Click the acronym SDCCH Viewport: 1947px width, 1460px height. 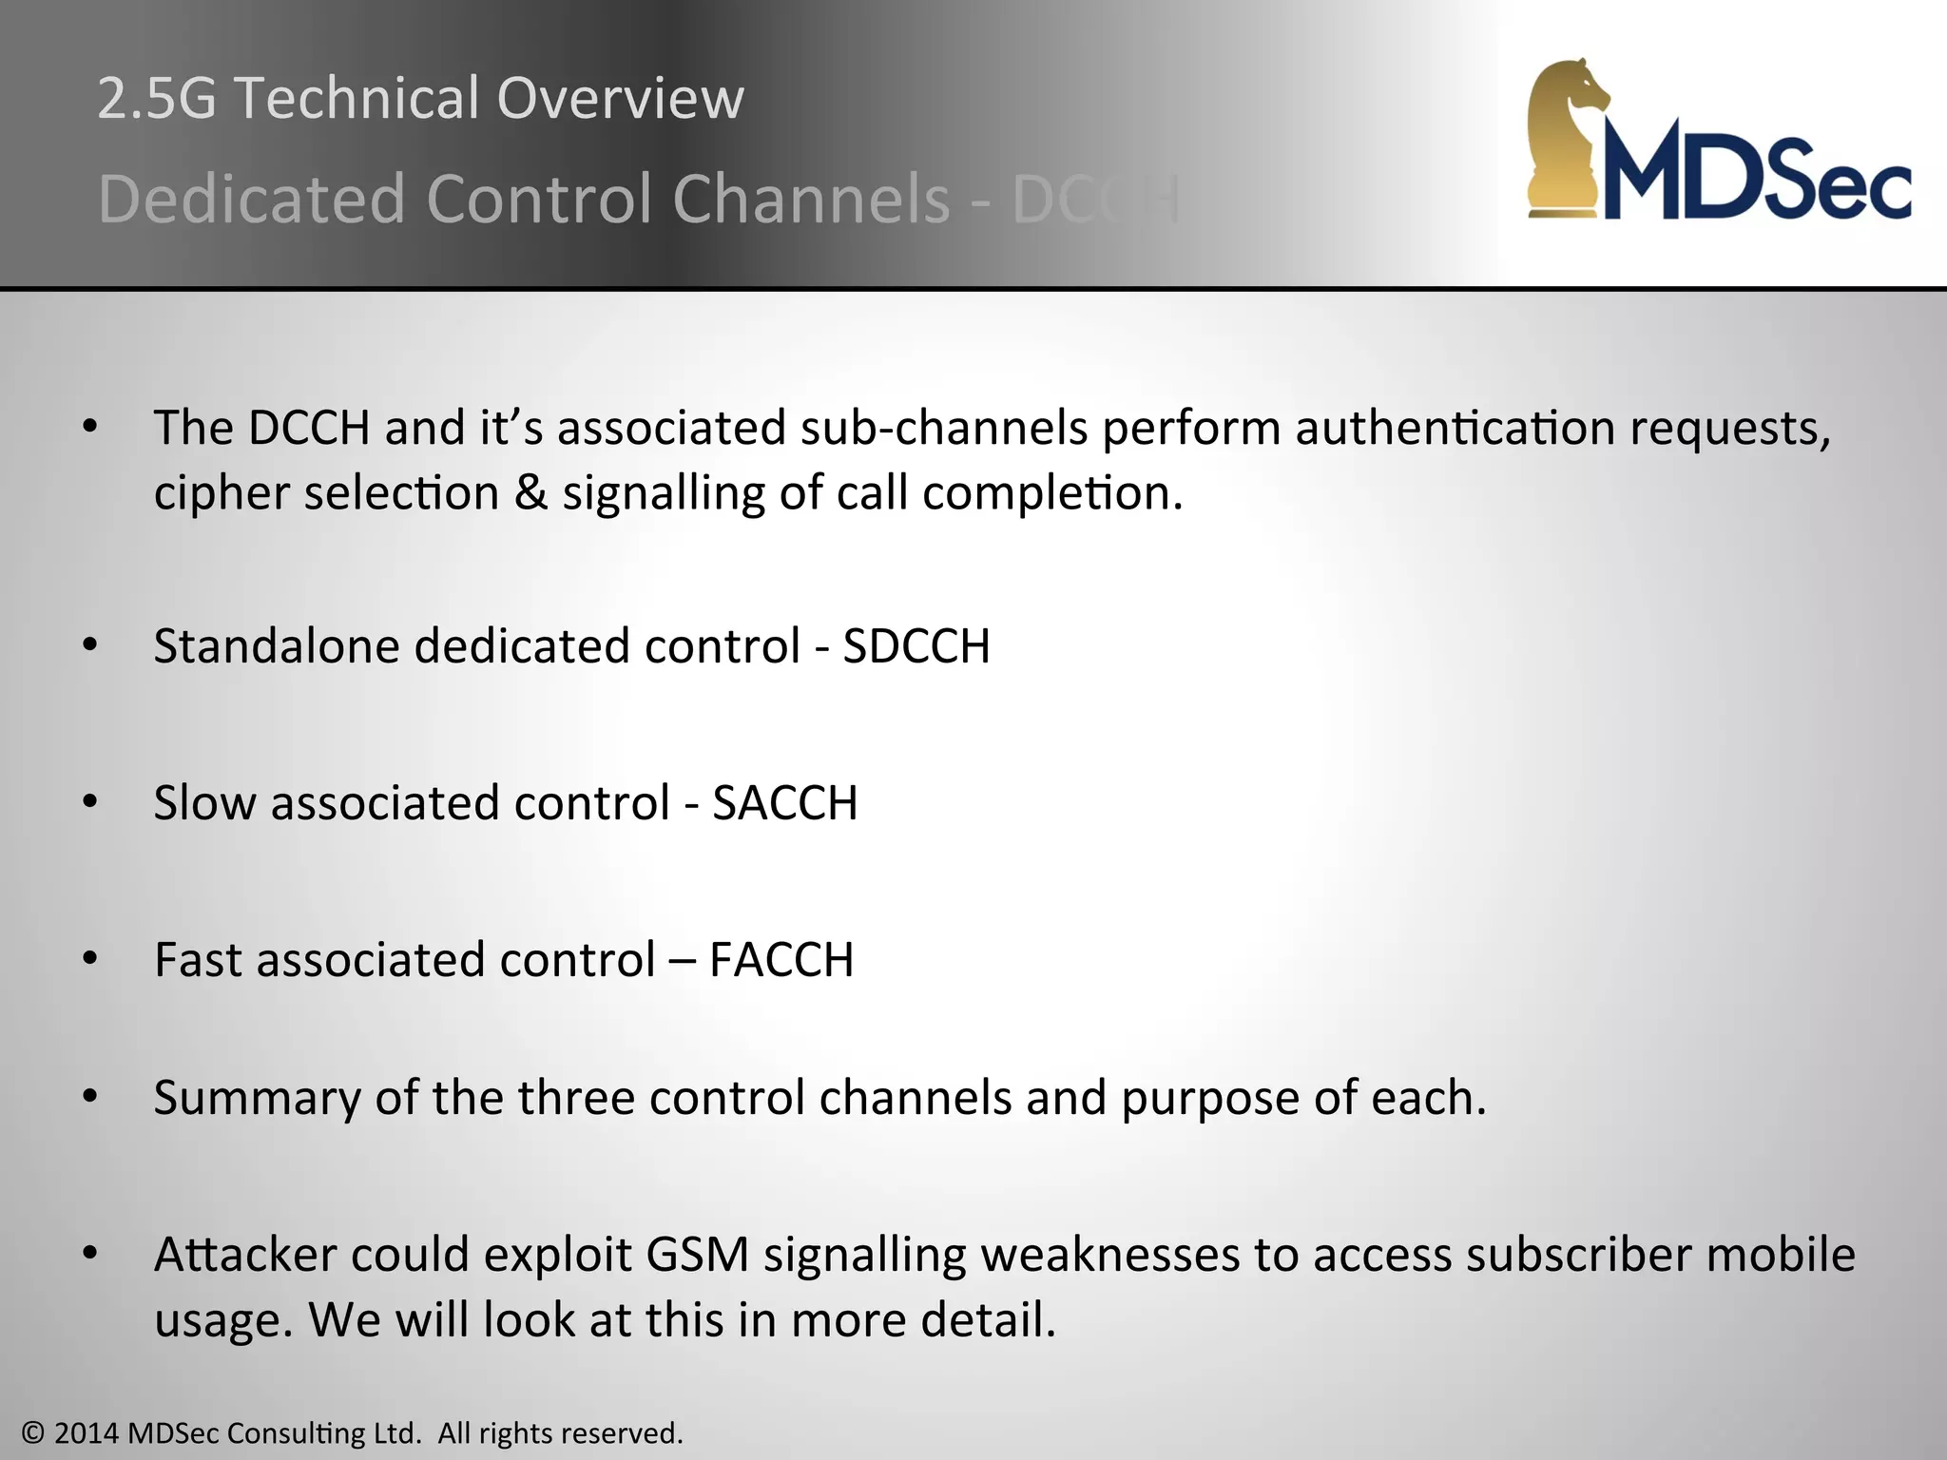[916, 646]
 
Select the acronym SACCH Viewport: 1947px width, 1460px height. [785, 803]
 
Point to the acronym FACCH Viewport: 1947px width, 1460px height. [781, 960]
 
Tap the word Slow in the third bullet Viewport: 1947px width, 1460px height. [204, 803]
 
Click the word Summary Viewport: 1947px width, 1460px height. [257, 1099]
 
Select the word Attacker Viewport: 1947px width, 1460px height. [245, 1255]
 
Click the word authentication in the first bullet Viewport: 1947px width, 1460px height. [1455, 429]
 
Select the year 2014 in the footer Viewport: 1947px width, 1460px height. [87, 1433]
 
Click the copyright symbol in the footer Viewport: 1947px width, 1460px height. [33, 1433]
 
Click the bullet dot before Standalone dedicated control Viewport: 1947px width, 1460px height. [90, 646]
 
